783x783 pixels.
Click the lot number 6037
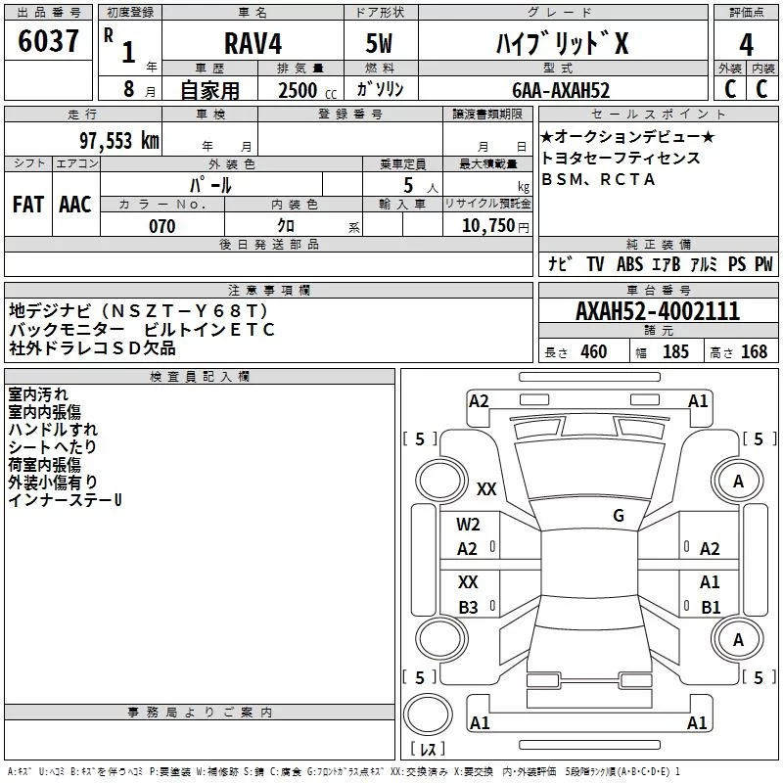coord(49,42)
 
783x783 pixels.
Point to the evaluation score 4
coord(746,44)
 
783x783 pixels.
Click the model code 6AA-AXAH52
coord(561,90)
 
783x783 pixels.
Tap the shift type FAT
coord(28,205)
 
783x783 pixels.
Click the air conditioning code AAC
coord(75,205)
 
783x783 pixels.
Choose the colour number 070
coord(162,226)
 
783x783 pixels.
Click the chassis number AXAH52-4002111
coord(657,312)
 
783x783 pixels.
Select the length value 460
coord(594,352)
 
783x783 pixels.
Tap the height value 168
coord(754,352)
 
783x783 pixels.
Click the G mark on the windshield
coord(619,516)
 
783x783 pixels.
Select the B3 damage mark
coord(468,607)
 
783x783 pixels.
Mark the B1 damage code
coord(711,607)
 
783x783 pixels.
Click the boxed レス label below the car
coord(427,750)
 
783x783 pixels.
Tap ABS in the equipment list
coord(629,264)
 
